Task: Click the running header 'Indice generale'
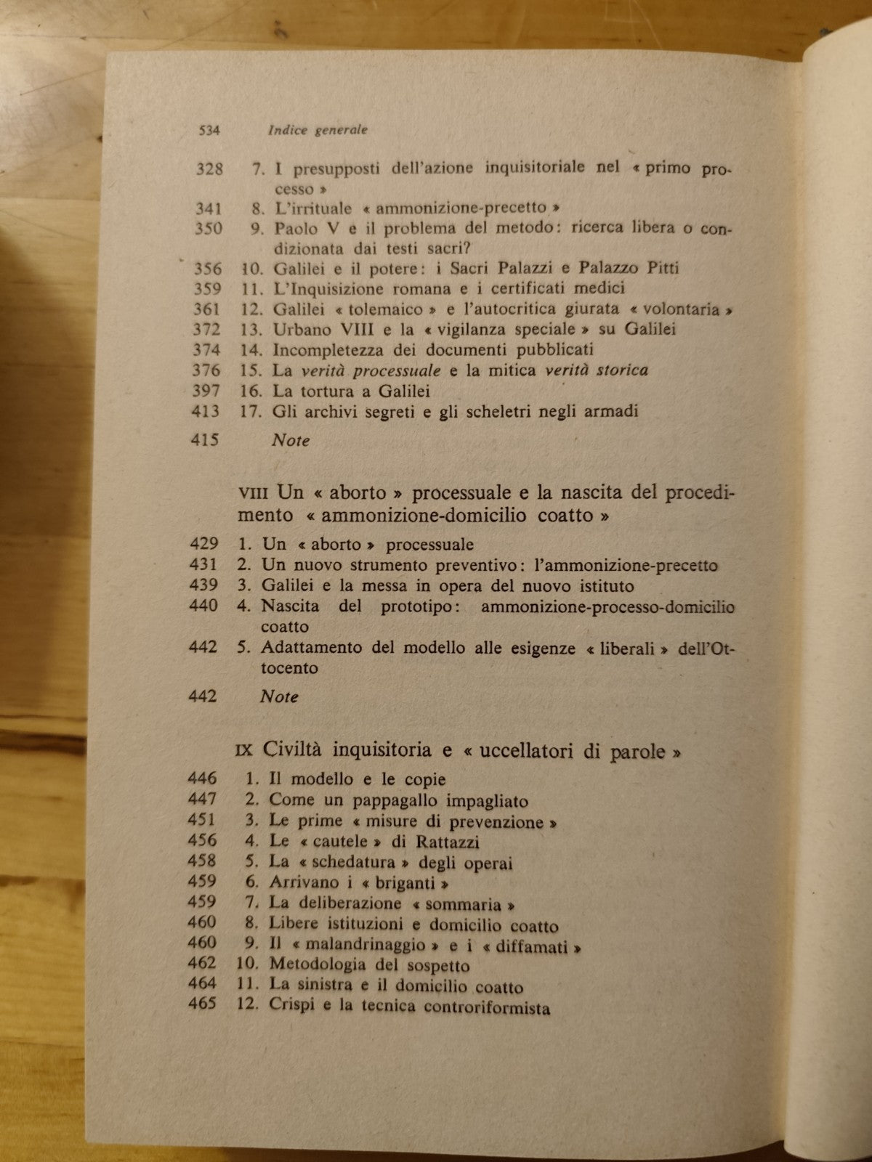point(318,131)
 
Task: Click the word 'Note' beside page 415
point(290,440)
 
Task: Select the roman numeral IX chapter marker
point(246,751)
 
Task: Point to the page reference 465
point(202,1005)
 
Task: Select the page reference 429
point(203,544)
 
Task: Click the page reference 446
point(202,779)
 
